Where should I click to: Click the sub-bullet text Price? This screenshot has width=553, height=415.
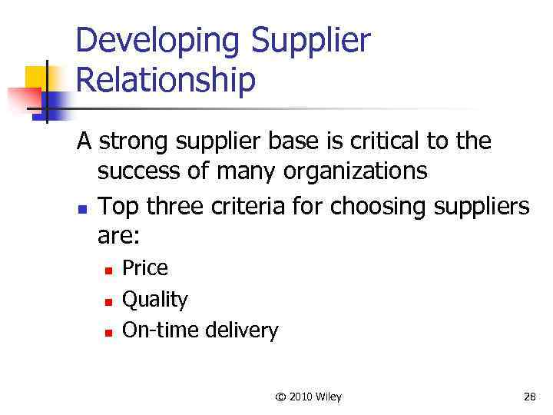click(x=145, y=268)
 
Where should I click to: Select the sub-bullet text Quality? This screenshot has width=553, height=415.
click(x=154, y=300)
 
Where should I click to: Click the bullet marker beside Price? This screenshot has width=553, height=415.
click(x=109, y=270)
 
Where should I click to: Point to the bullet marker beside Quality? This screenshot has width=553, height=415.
click(x=109, y=301)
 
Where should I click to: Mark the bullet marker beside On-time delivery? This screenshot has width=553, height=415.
click(x=109, y=333)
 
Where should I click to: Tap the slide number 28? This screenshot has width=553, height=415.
click(x=529, y=397)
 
